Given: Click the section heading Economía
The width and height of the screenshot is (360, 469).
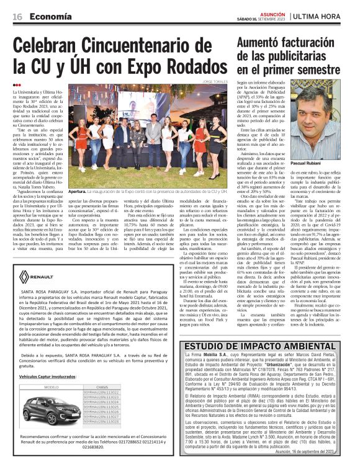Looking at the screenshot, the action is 47,16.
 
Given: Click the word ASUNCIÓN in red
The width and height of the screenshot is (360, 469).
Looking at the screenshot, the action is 272,12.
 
